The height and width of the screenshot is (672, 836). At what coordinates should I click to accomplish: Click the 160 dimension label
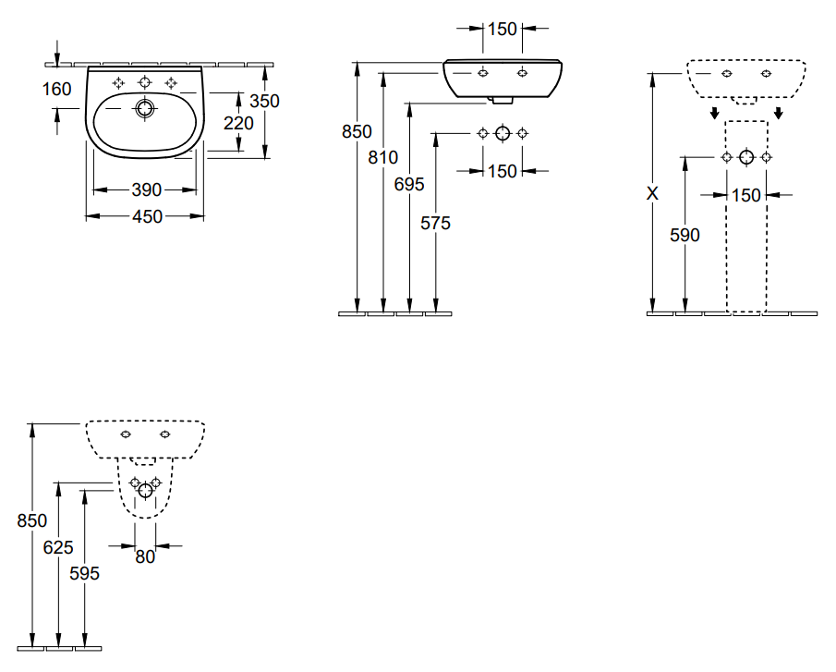(x=57, y=89)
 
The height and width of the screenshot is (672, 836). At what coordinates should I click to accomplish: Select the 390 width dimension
(x=146, y=190)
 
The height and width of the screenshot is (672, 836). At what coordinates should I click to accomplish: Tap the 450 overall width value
(x=146, y=216)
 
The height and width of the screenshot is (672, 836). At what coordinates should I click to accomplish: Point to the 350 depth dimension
(x=264, y=101)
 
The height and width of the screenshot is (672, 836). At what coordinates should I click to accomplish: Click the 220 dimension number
(x=238, y=123)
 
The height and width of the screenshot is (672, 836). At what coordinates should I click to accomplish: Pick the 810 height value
(x=382, y=158)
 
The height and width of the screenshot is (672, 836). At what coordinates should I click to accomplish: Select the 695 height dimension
(x=409, y=184)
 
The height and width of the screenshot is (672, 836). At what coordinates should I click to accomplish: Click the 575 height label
(x=436, y=223)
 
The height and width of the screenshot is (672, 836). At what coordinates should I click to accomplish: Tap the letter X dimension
(x=653, y=194)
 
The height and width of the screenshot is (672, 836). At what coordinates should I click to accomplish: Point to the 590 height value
(x=685, y=235)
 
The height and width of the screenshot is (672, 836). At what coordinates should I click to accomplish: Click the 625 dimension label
(x=58, y=547)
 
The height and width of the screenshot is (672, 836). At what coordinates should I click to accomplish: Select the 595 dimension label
(x=85, y=573)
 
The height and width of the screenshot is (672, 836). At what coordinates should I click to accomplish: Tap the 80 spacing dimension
(x=146, y=556)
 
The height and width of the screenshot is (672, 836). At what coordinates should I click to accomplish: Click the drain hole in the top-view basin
(x=143, y=109)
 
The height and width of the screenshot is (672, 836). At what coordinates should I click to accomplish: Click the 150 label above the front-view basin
(x=503, y=29)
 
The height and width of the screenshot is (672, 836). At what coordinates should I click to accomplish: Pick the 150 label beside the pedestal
(x=746, y=195)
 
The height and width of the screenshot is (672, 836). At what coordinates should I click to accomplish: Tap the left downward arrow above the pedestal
(x=714, y=114)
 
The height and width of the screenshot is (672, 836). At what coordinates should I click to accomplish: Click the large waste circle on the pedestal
(x=746, y=157)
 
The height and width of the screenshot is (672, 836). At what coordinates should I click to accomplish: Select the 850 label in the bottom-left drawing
(x=32, y=521)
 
